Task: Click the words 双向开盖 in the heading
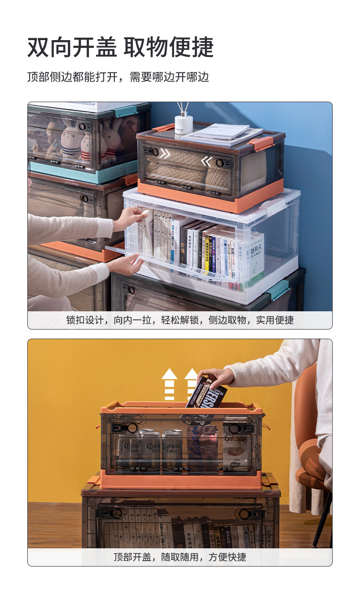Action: point(72,47)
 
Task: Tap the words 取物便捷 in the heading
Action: point(169,47)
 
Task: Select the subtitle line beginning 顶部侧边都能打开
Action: point(118,77)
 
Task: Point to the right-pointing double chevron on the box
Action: point(165,153)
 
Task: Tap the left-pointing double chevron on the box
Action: point(206,160)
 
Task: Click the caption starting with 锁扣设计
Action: point(180,320)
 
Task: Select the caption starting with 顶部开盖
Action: point(180,557)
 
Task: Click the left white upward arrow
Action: point(169,384)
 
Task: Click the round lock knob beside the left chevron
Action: point(155,152)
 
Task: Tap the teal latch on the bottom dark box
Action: point(278,290)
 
